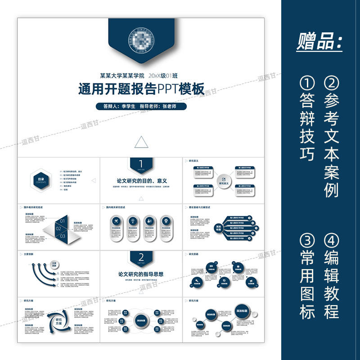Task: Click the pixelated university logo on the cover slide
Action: tap(141, 41)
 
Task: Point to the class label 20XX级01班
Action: tap(166, 76)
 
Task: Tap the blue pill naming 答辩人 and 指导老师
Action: tap(141, 107)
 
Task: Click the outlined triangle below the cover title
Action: tap(141, 143)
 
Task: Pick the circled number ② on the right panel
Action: tap(331, 83)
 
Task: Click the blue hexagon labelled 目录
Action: tap(41, 180)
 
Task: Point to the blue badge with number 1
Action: tap(141, 164)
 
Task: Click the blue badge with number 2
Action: tap(141, 258)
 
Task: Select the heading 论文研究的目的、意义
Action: tap(141, 180)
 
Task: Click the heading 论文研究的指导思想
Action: tap(141, 274)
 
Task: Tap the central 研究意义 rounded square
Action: tap(224, 183)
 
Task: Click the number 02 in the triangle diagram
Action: tap(58, 228)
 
